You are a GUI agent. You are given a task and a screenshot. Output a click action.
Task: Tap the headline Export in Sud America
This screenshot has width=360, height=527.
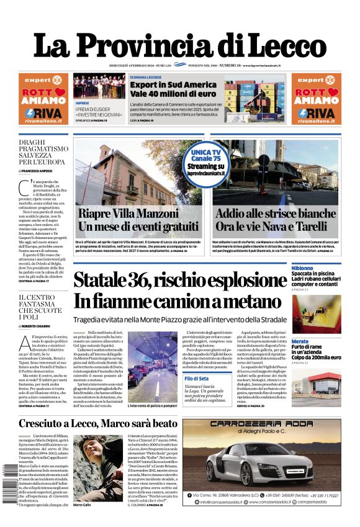point(173,84)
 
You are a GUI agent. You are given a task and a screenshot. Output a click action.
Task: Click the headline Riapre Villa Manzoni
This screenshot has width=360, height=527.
point(138,214)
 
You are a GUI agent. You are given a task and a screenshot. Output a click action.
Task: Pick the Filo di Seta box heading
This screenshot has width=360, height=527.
point(196,379)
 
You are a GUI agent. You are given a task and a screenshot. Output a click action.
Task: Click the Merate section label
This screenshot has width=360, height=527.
point(300,342)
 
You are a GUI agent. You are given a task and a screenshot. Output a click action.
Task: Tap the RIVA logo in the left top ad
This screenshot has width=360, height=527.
point(43,112)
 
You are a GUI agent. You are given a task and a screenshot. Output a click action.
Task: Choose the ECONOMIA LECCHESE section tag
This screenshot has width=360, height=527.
point(146,77)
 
